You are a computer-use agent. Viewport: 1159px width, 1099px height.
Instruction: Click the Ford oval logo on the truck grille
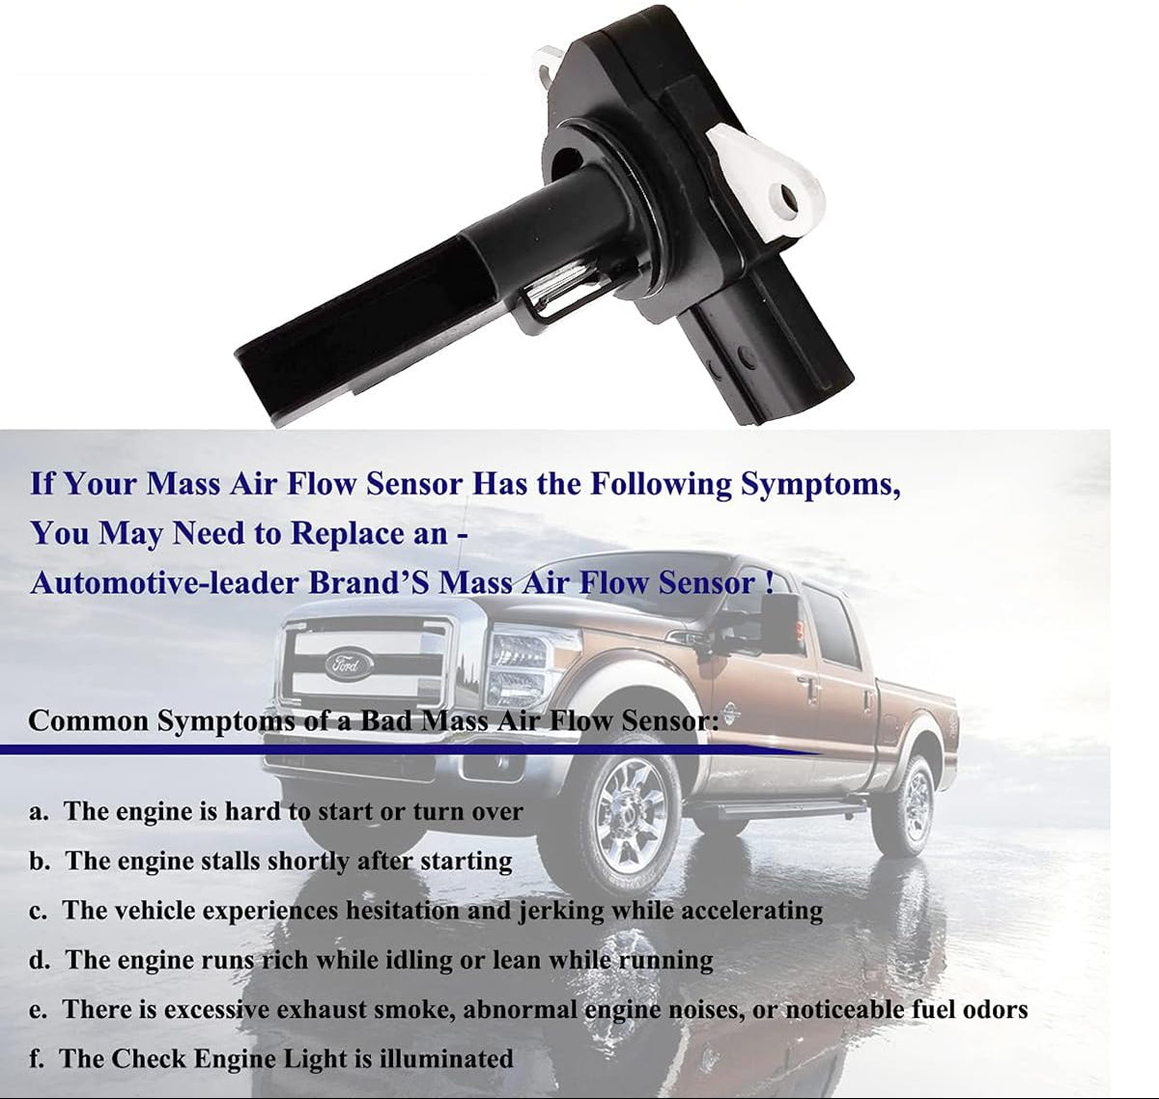point(348,663)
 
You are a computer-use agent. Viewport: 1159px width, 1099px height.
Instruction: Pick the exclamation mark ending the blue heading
point(767,583)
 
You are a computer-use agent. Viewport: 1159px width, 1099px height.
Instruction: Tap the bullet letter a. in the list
point(39,811)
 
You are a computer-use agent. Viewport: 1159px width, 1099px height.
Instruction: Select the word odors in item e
point(992,1009)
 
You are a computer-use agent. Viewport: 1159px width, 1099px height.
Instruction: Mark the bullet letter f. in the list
point(37,1058)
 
